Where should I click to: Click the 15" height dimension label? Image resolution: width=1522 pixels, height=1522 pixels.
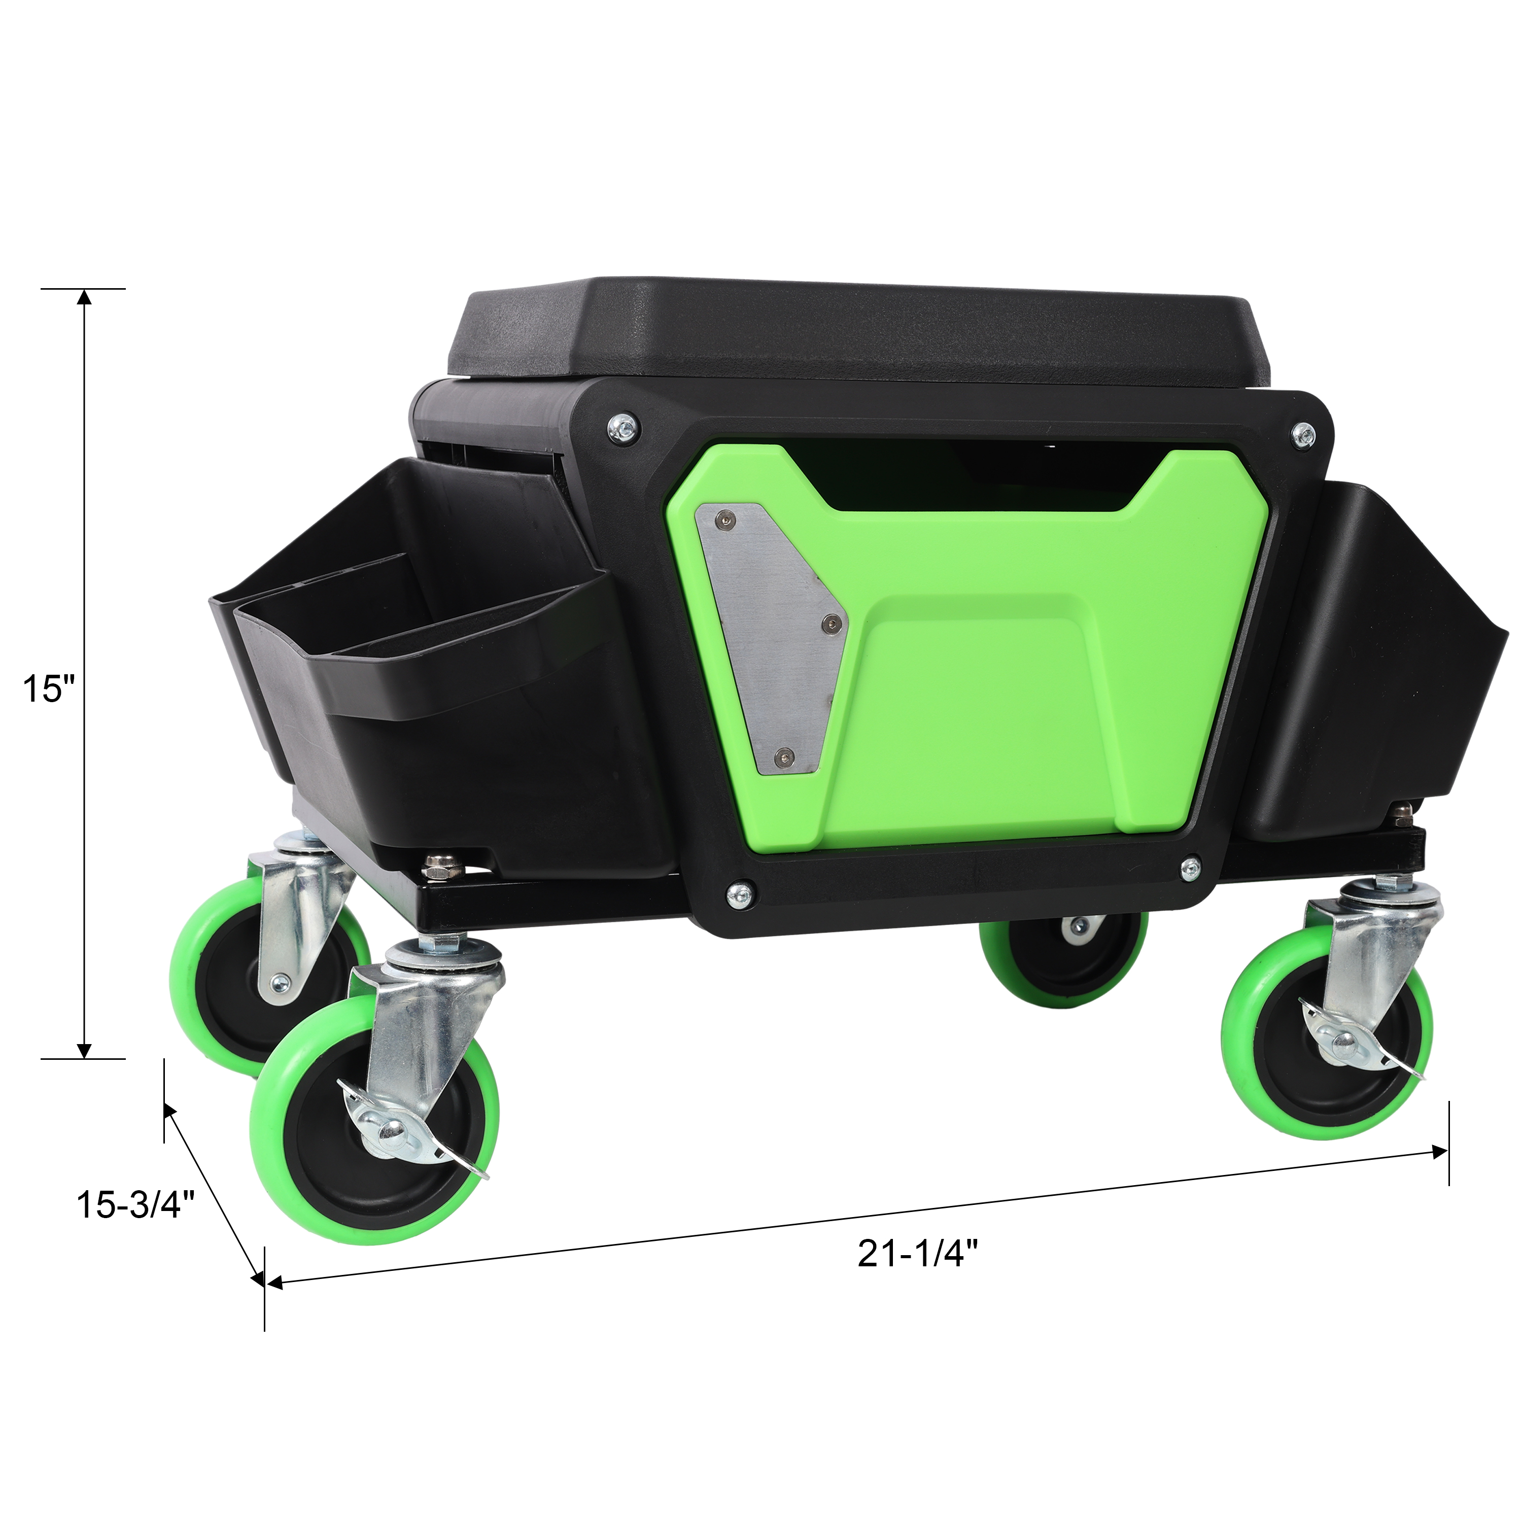click(48, 688)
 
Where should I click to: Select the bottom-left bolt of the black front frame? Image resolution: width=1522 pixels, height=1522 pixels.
click(739, 892)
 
